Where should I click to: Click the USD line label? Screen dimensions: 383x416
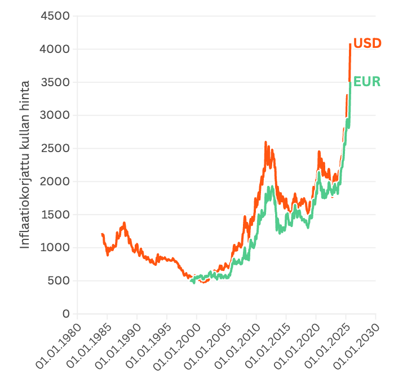point(367,43)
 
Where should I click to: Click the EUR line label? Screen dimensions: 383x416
point(367,82)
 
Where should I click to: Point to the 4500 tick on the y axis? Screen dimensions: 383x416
point(55,16)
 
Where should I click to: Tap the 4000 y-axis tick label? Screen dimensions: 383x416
point(55,49)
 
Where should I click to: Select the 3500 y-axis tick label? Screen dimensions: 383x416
point(55,82)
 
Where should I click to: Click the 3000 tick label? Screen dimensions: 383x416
point(55,115)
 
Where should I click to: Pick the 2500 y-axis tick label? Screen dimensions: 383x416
point(55,149)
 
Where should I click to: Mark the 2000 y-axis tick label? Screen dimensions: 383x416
point(55,181)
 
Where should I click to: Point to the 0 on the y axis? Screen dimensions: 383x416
point(65,314)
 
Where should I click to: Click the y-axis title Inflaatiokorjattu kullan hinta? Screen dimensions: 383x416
point(25,164)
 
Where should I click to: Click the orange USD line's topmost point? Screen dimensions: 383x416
point(350,44)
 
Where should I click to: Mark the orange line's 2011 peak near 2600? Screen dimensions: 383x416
point(265,142)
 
